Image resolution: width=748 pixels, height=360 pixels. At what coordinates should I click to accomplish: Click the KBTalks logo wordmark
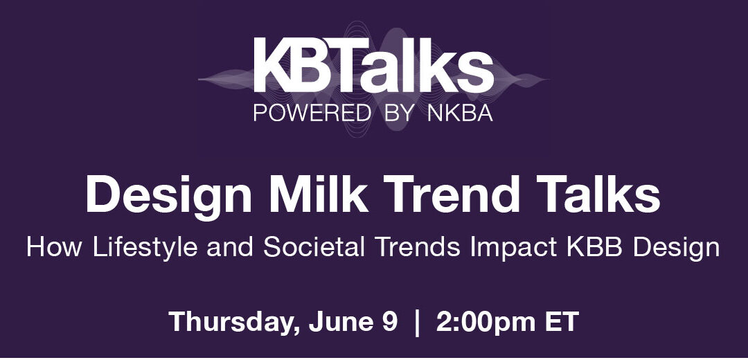coord(373,65)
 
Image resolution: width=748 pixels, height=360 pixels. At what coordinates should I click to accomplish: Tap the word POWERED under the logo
coord(312,113)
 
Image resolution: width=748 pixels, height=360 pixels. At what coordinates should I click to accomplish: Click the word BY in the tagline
coord(398,113)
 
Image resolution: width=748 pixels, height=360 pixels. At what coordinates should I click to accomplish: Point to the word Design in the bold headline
coord(169,195)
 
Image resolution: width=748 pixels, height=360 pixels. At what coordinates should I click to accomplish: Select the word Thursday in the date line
coord(235,323)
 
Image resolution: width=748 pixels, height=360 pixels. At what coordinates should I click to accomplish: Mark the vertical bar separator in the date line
coord(417,323)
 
